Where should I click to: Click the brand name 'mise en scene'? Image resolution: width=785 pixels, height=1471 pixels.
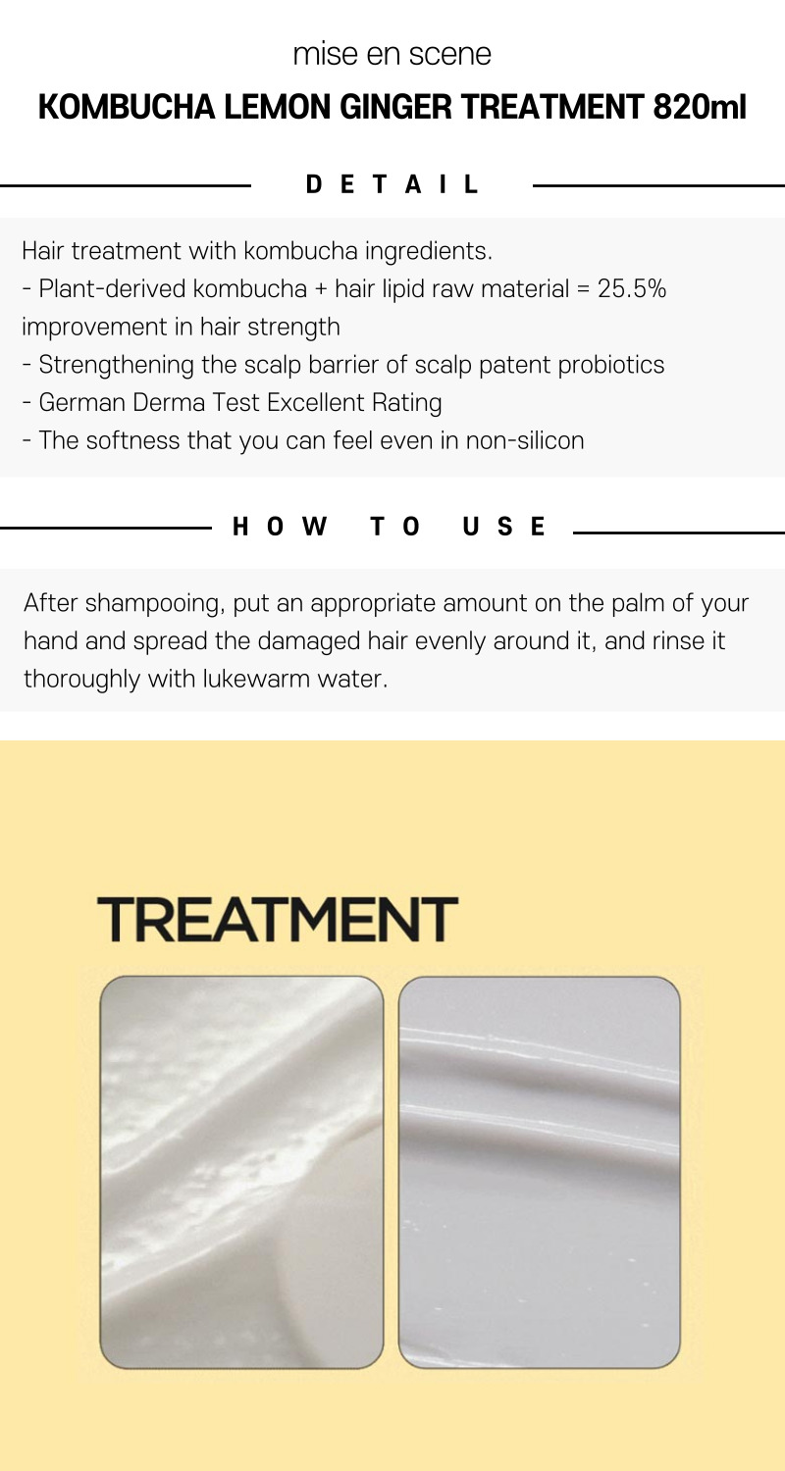point(392,54)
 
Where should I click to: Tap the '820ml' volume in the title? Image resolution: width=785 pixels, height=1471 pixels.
point(700,107)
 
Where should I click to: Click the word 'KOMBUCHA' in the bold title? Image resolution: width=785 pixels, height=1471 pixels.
point(127,107)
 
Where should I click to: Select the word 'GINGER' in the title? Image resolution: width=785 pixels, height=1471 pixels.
point(396,107)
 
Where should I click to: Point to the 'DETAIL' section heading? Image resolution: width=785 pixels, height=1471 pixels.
point(392,184)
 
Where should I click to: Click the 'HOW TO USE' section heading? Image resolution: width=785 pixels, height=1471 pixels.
point(389,527)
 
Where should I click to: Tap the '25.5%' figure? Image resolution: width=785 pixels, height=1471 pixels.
point(632,289)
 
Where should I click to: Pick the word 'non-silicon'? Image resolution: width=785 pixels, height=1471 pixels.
point(525,440)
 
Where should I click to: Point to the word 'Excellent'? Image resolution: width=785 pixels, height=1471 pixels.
point(316,402)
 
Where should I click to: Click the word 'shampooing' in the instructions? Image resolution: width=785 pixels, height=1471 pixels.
point(155,603)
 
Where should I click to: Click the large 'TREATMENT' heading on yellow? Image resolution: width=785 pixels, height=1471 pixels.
point(278,920)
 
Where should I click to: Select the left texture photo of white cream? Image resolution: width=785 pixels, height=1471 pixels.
point(241,1172)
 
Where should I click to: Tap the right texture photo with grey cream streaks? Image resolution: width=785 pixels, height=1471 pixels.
point(540,1172)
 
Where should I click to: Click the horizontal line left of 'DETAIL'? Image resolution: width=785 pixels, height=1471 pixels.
point(126,186)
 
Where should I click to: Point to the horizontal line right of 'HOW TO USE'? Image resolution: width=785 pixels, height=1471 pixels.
point(679,533)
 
